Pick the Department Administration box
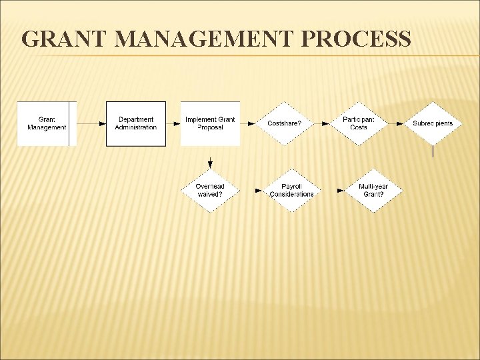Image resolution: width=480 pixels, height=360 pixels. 136,123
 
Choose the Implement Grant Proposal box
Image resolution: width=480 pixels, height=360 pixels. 210,123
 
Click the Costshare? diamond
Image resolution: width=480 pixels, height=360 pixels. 285,123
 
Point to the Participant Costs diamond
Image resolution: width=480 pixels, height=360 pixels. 359,123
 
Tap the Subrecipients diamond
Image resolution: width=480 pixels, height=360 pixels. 433,123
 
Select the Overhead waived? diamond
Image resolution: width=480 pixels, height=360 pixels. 210,191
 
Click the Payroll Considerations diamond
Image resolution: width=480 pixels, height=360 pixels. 291,191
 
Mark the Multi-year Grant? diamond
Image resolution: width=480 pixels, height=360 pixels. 373,191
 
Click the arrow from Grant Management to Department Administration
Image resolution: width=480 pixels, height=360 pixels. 91,123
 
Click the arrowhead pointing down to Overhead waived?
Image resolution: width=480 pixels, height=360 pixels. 210,164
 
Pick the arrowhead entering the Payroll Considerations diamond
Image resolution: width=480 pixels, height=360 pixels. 259,191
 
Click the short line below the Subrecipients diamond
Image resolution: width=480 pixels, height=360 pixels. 433,151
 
